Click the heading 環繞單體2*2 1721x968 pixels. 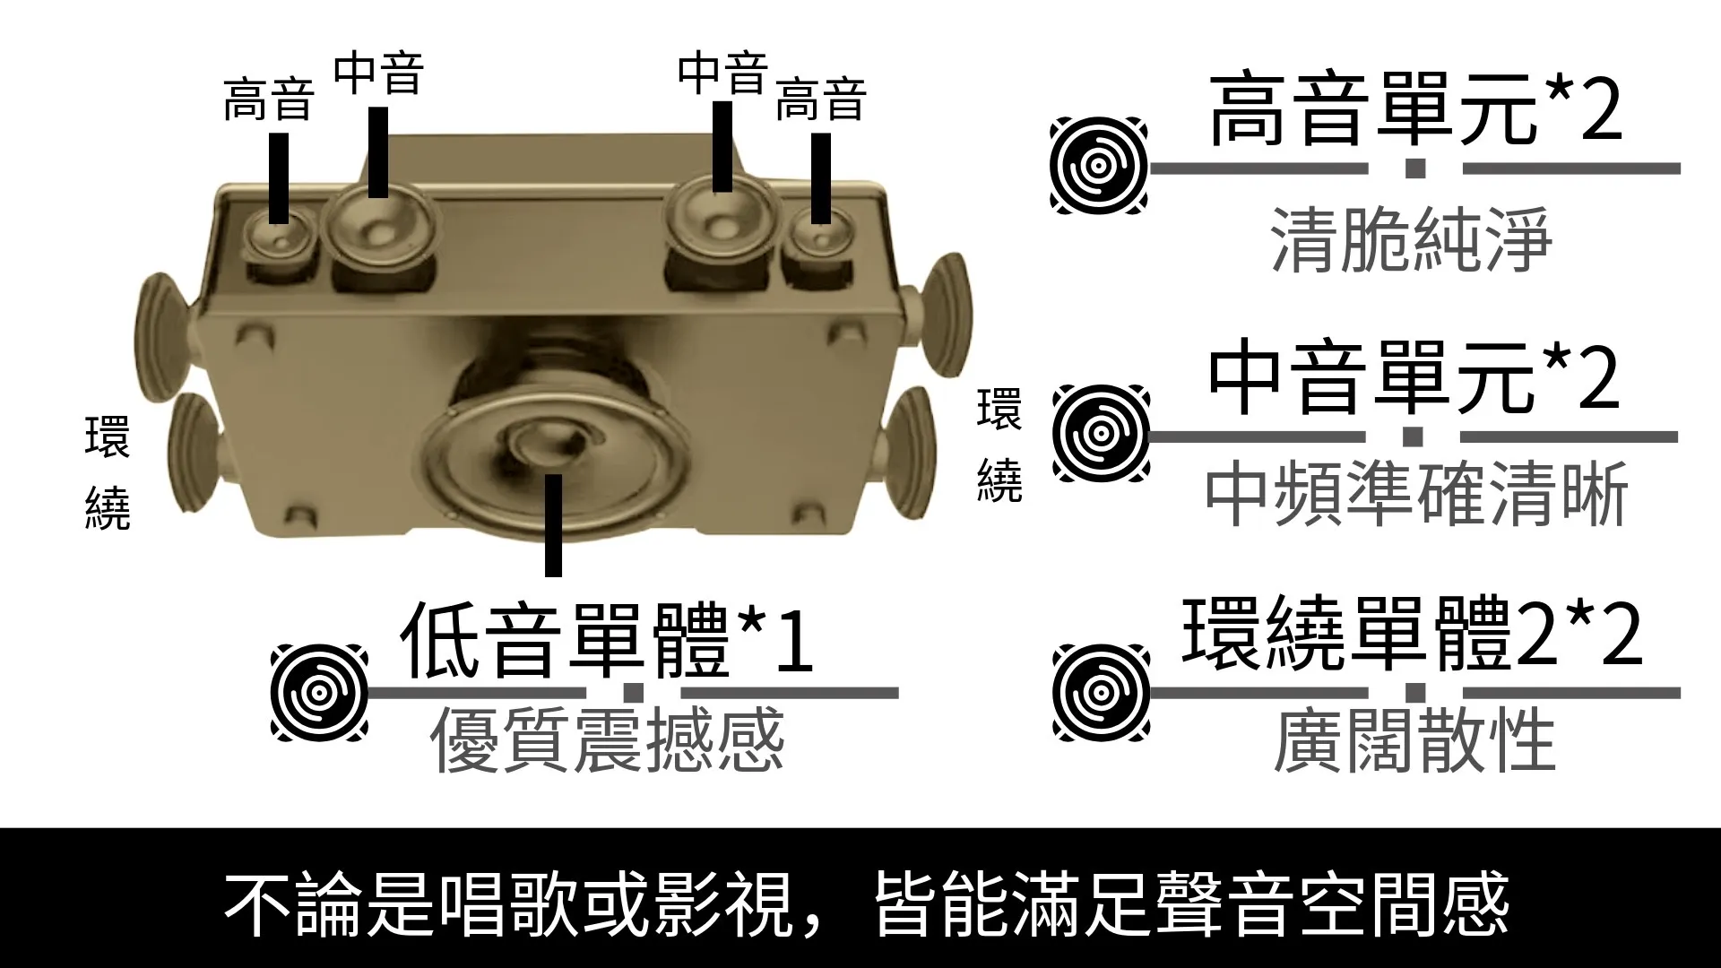[1413, 635]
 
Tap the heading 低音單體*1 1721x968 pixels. [608, 642]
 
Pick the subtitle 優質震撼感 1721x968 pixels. [608, 741]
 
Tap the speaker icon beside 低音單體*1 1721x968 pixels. [319, 693]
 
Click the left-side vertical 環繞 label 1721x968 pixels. [107, 472]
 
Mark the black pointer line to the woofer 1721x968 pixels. [553, 525]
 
